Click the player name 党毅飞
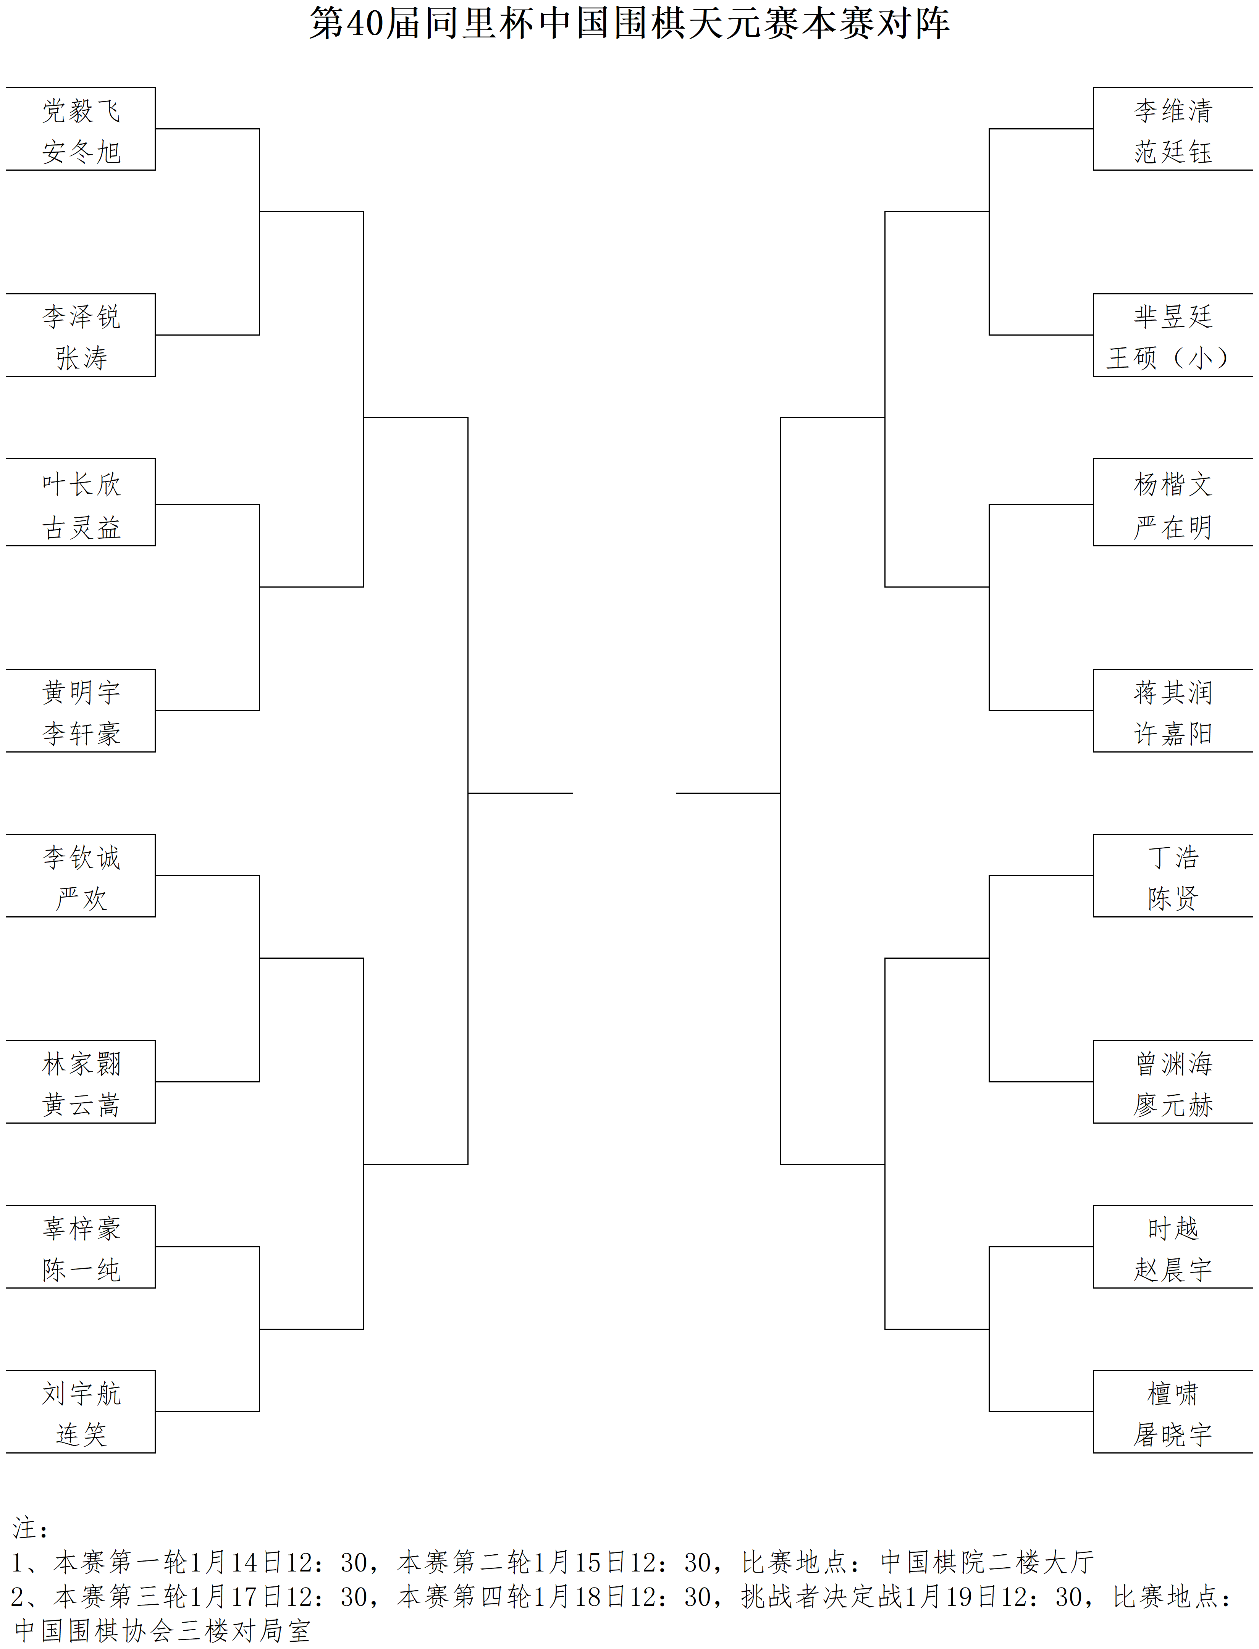coord(81,111)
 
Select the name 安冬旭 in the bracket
coord(81,152)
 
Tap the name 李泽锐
coord(81,317)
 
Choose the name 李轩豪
coord(81,733)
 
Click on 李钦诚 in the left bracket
coord(81,858)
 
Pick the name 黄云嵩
coord(81,1105)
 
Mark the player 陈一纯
coord(81,1270)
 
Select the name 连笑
coord(81,1435)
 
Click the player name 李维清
coord(1173,111)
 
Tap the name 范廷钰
coord(1173,152)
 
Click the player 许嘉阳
coord(1173,733)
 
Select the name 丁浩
coord(1173,858)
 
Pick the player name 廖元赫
coord(1173,1105)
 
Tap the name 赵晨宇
coord(1173,1270)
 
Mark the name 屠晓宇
coord(1173,1435)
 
